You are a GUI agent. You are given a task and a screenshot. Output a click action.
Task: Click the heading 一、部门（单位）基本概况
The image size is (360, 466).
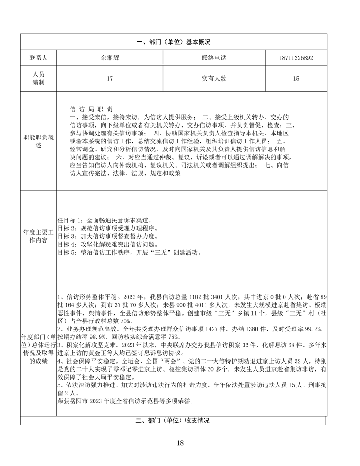tap(173, 42)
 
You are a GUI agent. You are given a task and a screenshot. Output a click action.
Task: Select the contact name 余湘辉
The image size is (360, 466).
tap(110, 58)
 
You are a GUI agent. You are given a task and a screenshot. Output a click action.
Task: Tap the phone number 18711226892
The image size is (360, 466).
tap(296, 58)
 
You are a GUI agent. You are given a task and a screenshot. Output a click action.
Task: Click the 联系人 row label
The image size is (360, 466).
tap(38, 58)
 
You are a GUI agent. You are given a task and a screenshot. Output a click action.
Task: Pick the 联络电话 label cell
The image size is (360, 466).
tap(214, 58)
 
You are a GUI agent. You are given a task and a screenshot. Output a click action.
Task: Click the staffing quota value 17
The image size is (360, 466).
tap(110, 79)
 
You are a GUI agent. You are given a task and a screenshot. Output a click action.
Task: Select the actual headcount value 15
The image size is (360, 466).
tap(296, 79)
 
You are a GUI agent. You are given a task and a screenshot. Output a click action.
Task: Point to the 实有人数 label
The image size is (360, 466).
tap(214, 79)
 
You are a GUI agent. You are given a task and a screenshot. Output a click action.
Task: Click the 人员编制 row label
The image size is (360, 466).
tap(38, 79)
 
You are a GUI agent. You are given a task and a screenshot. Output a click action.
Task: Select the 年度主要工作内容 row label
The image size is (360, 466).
tap(38, 236)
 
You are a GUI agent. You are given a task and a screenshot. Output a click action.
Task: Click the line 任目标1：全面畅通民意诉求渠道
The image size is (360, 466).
tap(105, 220)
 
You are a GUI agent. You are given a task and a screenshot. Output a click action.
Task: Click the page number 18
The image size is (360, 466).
tap(180, 443)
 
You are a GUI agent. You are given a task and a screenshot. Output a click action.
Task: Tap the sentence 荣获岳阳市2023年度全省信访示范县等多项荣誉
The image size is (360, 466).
tap(125, 402)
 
